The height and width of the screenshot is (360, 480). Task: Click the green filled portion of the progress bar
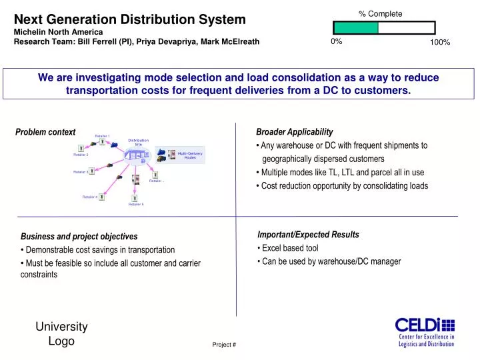tap(355, 28)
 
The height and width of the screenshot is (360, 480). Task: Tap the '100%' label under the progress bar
tap(440, 43)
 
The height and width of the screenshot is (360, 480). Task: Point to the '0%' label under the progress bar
tap(336, 41)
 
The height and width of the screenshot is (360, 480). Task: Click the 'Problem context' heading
tap(45, 132)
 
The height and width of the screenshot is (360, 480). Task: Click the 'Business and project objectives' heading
tap(79, 237)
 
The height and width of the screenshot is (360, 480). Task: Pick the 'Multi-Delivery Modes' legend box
tap(181, 155)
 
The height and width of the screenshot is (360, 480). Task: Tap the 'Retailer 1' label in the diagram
tap(102, 135)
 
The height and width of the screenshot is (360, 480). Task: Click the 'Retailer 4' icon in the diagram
tap(101, 197)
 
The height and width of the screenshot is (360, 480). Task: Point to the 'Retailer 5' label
tap(136, 205)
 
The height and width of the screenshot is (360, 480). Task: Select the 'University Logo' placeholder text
tap(61, 333)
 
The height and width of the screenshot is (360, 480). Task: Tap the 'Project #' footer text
tap(224, 345)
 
